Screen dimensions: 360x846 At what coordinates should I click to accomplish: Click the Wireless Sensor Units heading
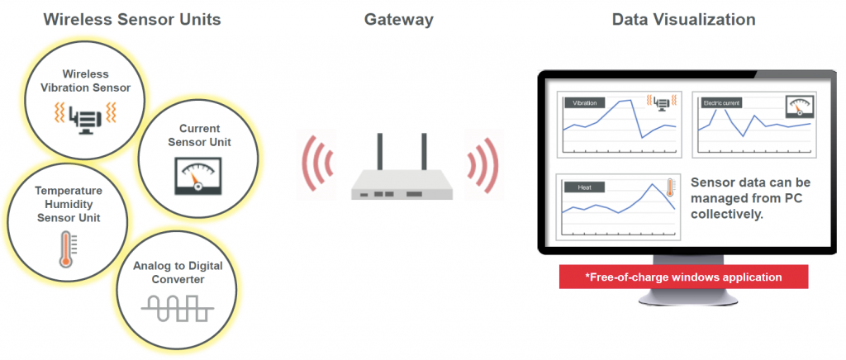click(132, 19)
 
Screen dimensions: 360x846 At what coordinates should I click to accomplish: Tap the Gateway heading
click(398, 19)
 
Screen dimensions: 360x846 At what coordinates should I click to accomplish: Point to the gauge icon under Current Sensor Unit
click(198, 177)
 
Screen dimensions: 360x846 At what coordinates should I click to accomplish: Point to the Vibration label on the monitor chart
click(584, 104)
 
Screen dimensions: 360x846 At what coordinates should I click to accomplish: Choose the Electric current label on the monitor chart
click(721, 104)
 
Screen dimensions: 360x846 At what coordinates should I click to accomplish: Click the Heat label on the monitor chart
click(584, 187)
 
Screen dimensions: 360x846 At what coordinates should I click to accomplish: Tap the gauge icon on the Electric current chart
click(797, 105)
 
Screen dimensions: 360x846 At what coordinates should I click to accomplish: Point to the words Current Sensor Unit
click(199, 135)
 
